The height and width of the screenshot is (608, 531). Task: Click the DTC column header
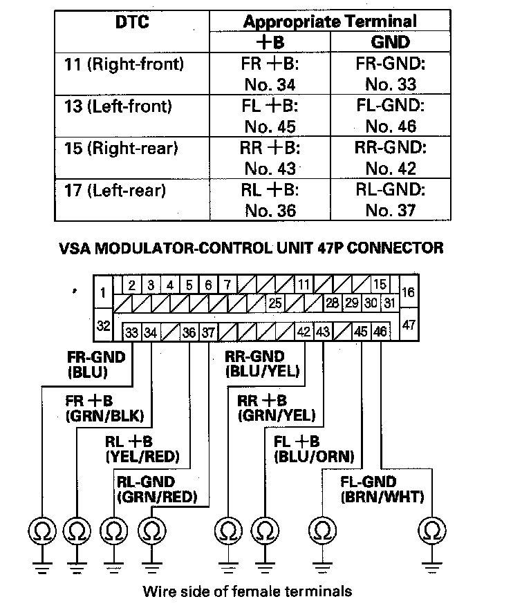(x=132, y=22)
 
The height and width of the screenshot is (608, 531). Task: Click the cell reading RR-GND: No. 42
(x=391, y=158)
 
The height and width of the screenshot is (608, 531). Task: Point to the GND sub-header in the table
(x=391, y=41)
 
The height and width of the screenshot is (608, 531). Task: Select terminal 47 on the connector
(x=409, y=324)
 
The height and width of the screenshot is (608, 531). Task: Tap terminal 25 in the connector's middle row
(x=274, y=303)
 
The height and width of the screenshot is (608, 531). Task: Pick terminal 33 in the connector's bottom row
(x=132, y=332)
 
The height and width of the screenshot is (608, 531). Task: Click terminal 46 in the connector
(x=380, y=332)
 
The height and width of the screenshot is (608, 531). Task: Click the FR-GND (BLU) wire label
(x=96, y=364)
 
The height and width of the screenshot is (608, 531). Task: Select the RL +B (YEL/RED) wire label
(x=142, y=448)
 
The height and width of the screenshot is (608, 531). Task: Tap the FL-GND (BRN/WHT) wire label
(x=382, y=489)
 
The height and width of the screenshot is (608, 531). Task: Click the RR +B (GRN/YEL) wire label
(x=276, y=408)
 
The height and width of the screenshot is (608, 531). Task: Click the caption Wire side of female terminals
(x=247, y=591)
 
